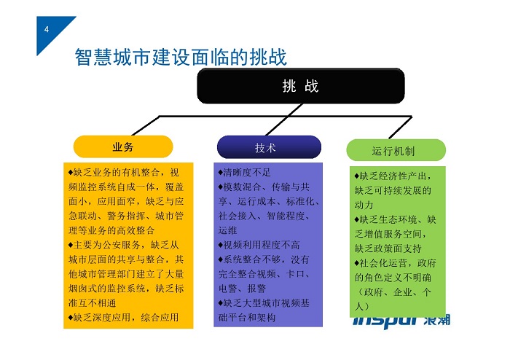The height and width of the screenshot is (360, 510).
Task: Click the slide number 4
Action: pyautogui.click(x=47, y=29)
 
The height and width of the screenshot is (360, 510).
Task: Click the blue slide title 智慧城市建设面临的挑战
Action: pyautogui.click(x=181, y=57)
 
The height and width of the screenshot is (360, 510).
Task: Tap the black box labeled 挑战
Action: pyautogui.click(x=300, y=86)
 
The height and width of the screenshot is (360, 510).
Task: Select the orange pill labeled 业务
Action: pyautogui.click(x=123, y=146)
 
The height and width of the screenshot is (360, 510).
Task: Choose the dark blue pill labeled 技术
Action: pyautogui.click(x=269, y=147)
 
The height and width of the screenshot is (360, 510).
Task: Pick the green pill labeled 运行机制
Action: pyautogui.click(x=396, y=150)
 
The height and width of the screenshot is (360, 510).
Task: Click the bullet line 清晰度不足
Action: pyautogui.click(x=244, y=173)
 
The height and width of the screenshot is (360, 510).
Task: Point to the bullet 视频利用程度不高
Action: pyautogui.click(x=259, y=245)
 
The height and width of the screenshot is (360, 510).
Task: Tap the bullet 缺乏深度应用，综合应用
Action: pyautogui.click(x=124, y=318)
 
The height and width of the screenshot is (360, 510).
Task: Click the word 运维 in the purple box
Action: pyautogui.click(x=227, y=230)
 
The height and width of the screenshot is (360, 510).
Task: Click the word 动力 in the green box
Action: pyautogui.click(x=364, y=206)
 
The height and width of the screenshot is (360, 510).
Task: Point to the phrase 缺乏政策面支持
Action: pyautogui.click(x=388, y=249)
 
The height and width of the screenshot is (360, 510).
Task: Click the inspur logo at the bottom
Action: pyautogui.click(x=401, y=321)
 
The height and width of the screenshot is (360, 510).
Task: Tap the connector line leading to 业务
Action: pyautogui.click(x=146, y=125)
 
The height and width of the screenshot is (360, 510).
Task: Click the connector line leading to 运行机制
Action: pyautogui.click(x=401, y=127)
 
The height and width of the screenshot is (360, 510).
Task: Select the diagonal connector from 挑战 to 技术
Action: pyautogui.click(x=284, y=120)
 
